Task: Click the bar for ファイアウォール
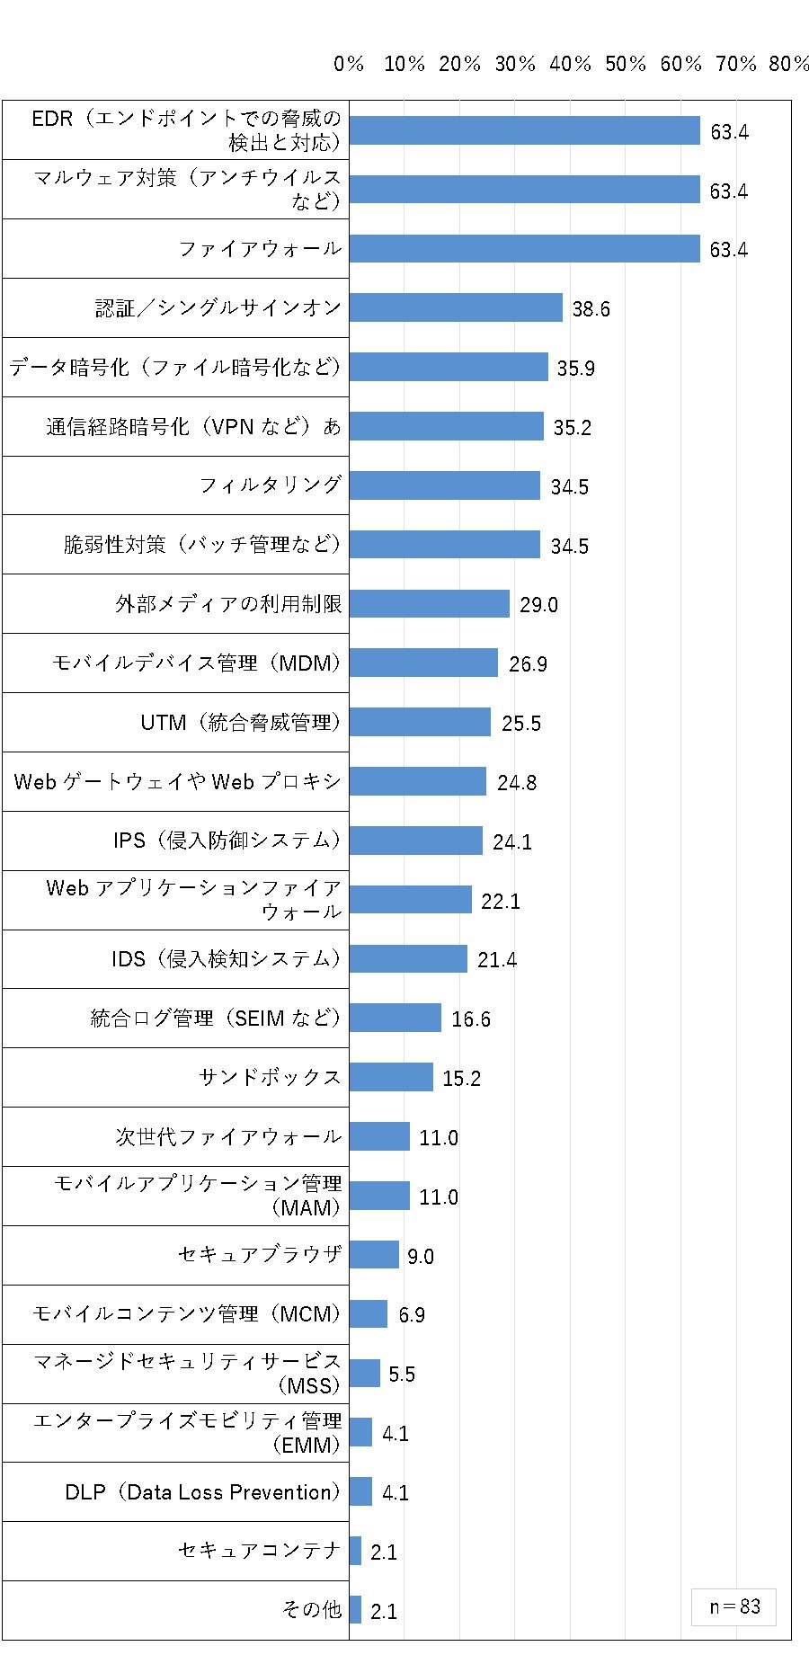pyautogui.click(x=525, y=248)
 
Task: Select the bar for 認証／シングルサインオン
pyautogui.click(x=456, y=307)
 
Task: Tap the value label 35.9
pyautogui.click(x=576, y=369)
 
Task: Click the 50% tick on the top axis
pyautogui.click(x=626, y=64)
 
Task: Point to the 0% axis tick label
pyautogui.click(x=349, y=64)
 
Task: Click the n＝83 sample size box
pyautogui.click(x=733, y=1606)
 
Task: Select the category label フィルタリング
pyautogui.click(x=271, y=485)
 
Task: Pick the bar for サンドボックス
pyautogui.click(x=391, y=1077)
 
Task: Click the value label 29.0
pyautogui.click(x=538, y=605)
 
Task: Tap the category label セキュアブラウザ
pyautogui.click(x=260, y=1254)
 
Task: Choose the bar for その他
pyautogui.click(x=355, y=1610)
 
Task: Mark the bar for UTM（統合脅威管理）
pyautogui.click(x=420, y=722)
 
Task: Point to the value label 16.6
pyautogui.click(x=471, y=1019)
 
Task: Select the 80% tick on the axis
pyautogui.click(x=789, y=64)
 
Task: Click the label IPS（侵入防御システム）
pyautogui.click(x=227, y=840)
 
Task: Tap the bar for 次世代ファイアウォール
pyautogui.click(x=379, y=1136)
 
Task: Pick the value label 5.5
pyautogui.click(x=402, y=1375)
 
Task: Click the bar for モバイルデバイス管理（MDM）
pyautogui.click(x=423, y=663)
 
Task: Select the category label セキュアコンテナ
pyautogui.click(x=260, y=1551)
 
